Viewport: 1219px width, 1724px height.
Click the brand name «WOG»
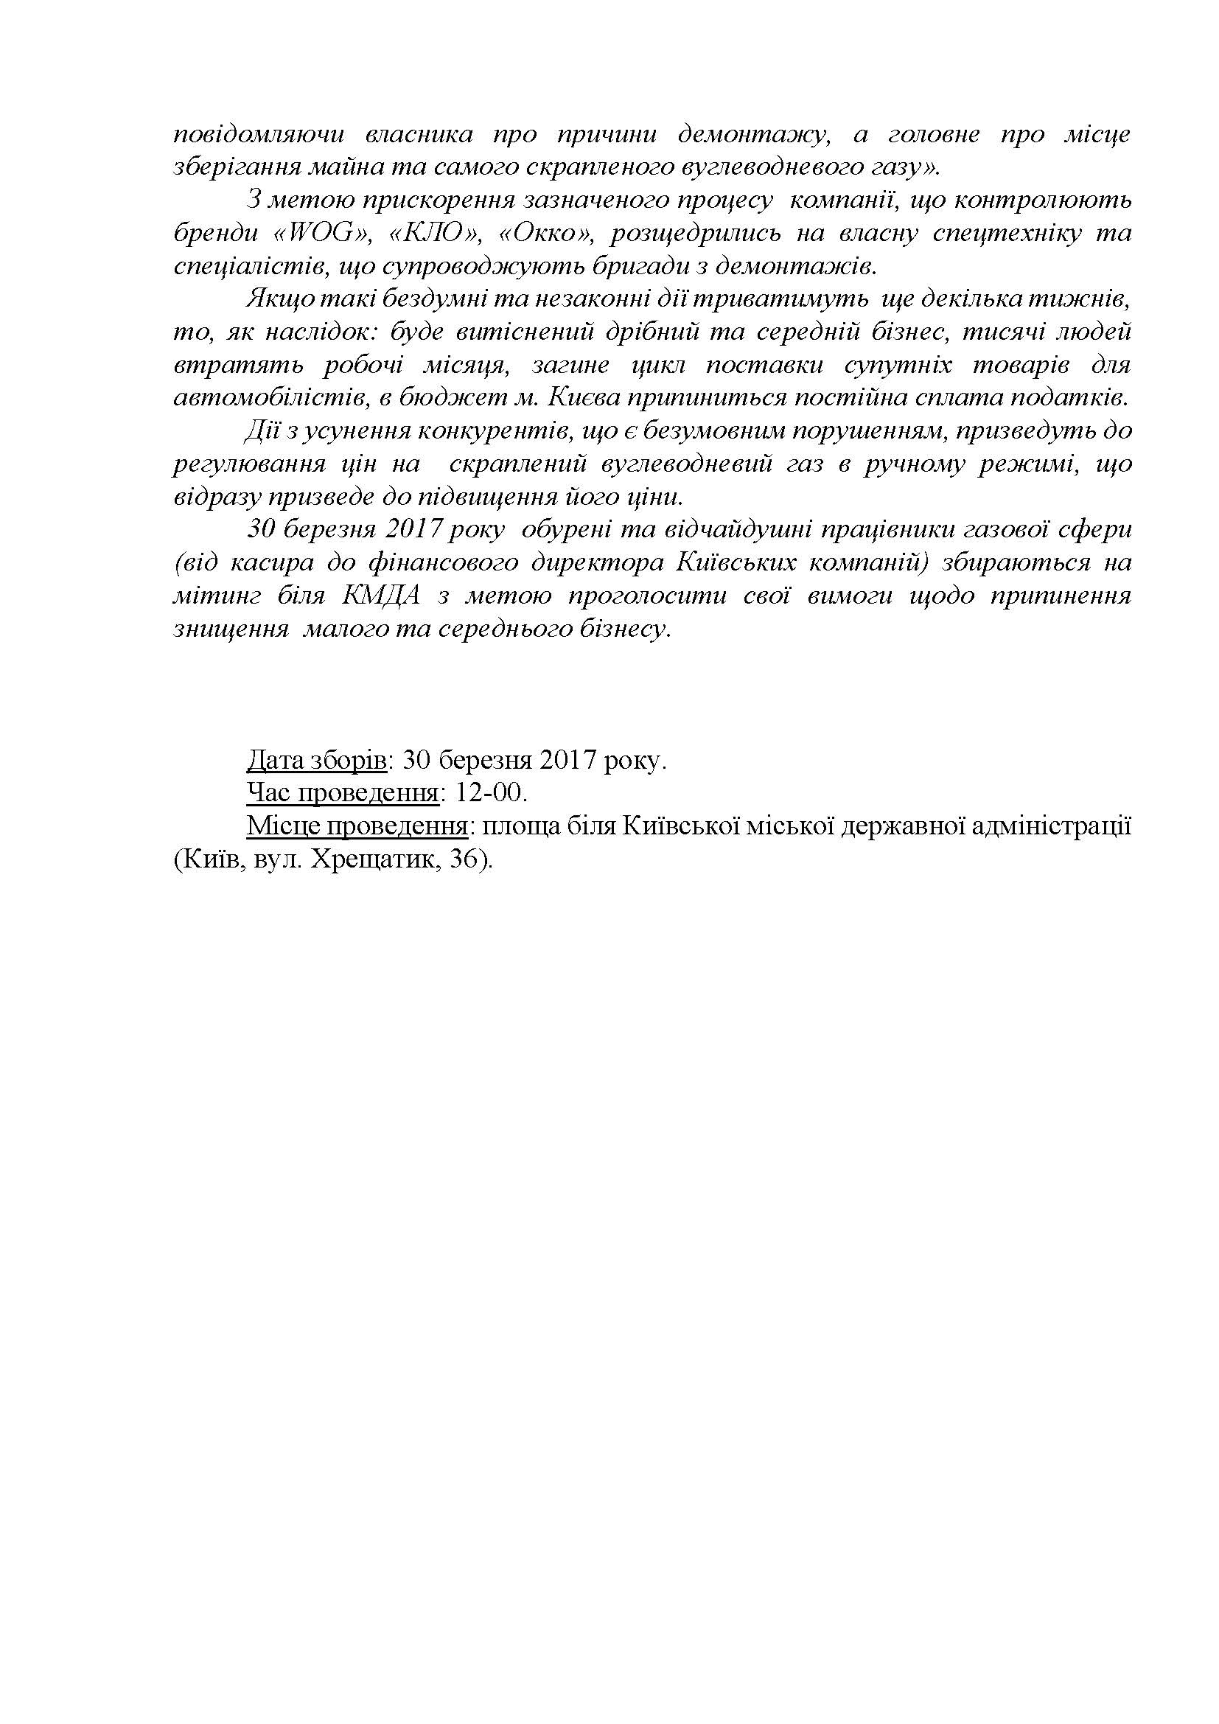pos(323,234)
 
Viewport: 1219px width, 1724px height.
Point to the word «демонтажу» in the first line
pos(755,135)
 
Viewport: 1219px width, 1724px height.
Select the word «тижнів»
pos(1084,299)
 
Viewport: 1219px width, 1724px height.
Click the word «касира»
pos(279,562)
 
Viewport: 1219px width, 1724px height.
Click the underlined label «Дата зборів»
pos(316,761)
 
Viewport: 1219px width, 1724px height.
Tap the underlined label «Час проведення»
pos(342,794)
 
